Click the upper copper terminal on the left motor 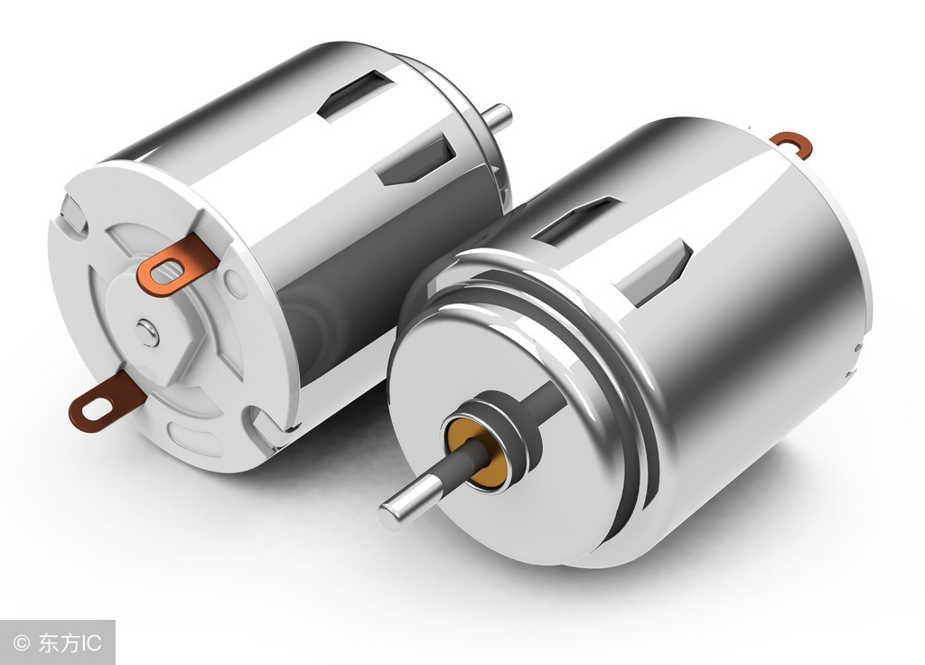coord(177,265)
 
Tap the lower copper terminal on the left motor coord(107,400)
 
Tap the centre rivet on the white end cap coord(147,332)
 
